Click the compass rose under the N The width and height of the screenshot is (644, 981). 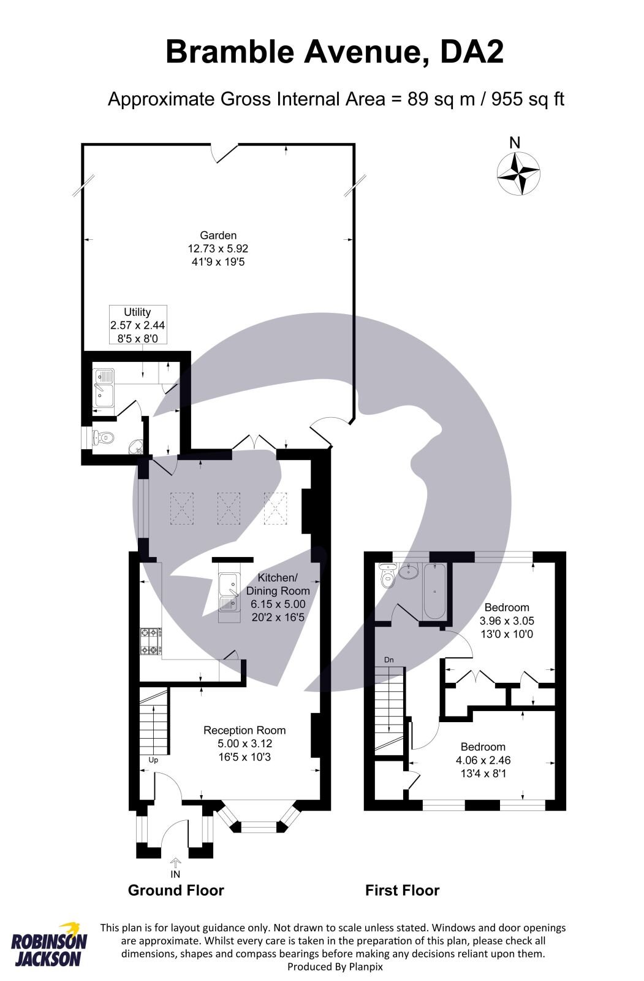pyautogui.click(x=518, y=174)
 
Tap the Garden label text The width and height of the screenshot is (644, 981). pyautogui.click(x=218, y=236)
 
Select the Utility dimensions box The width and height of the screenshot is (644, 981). pyautogui.click(x=137, y=325)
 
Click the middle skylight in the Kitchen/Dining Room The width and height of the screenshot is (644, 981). pyautogui.click(x=229, y=509)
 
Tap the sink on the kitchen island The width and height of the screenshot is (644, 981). pyautogui.click(x=228, y=593)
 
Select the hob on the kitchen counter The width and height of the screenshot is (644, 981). pyautogui.click(x=150, y=641)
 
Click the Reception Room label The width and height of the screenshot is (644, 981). pyautogui.click(x=244, y=730)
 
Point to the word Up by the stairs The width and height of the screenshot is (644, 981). pyautogui.click(x=153, y=760)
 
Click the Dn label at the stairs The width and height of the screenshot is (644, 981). pyautogui.click(x=388, y=660)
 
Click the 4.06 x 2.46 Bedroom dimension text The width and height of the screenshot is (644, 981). pyautogui.click(x=483, y=760)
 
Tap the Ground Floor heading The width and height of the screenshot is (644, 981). pyautogui.click(x=176, y=890)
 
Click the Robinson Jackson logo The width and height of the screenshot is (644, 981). pyautogui.click(x=49, y=945)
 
